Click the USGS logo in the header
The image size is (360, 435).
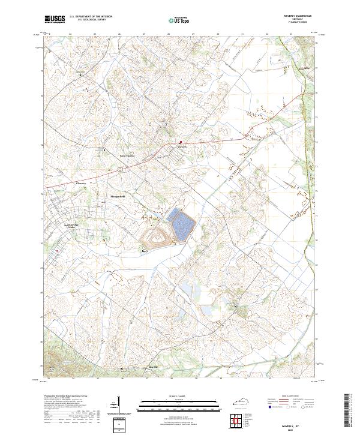click(x=55, y=19)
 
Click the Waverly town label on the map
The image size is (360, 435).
click(x=183, y=146)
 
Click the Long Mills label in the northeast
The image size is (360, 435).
click(x=304, y=69)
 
